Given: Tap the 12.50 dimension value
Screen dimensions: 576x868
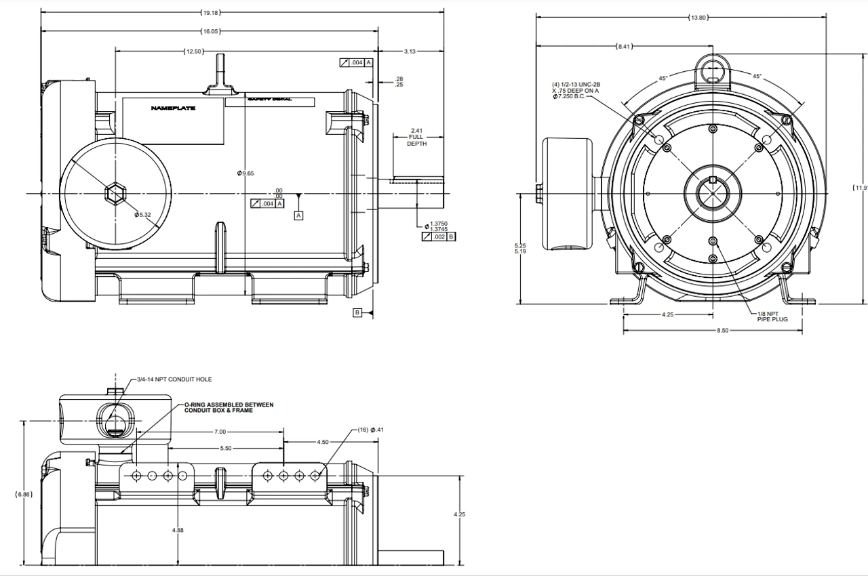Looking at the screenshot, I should click(x=193, y=52).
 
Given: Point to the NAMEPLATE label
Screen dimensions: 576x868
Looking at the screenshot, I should click(x=173, y=108).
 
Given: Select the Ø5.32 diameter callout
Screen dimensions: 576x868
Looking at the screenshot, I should click(x=142, y=215).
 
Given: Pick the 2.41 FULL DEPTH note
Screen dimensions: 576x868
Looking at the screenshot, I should click(x=416, y=137).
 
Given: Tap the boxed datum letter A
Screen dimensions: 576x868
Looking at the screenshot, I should click(x=298, y=215).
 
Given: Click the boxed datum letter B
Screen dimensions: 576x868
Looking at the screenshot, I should click(x=357, y=312).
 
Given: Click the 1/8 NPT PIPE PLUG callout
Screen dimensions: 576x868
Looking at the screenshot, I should click(x=772, y=316).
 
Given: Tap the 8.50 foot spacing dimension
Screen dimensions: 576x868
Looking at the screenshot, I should click(x=722, y=331).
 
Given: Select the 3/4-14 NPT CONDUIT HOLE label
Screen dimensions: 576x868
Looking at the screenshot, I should click(x=174, y=379).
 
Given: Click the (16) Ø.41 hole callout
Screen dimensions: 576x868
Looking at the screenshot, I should click(x=370, y=430).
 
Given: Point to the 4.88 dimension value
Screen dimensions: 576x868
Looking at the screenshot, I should click(x=177, y=529).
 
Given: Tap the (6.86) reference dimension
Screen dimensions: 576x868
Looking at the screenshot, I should click(x=23, y=494).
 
